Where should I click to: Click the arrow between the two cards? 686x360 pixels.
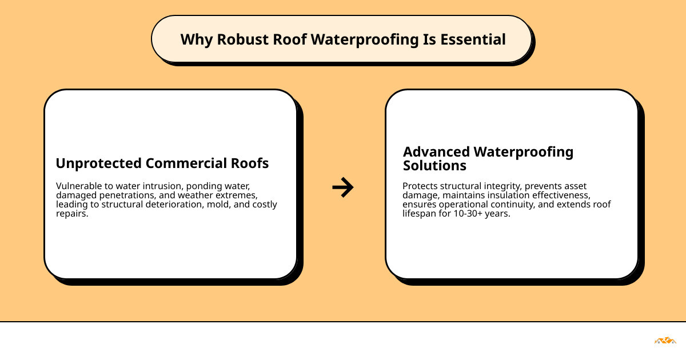pyautogui.click(x=343, y=187)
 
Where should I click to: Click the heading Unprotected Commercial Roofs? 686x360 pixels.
pyautogui.click(x=162, y=163)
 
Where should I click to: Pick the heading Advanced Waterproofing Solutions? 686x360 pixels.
pyautogui.click(x=488, y=159)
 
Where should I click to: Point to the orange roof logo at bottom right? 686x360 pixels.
pyautogui.click(x=665, y=341)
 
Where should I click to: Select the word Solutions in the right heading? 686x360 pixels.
pyautogui.click(x=434, y=166)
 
